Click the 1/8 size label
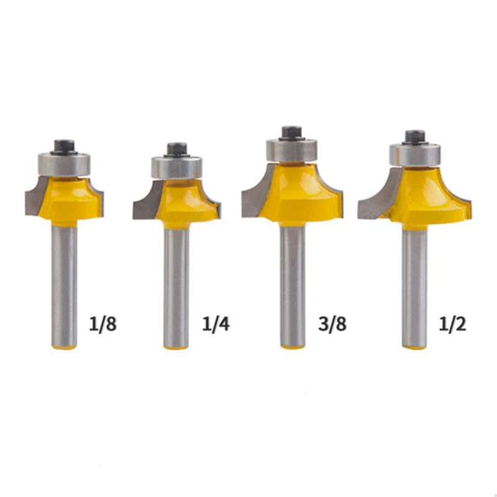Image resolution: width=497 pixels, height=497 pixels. (103, 324)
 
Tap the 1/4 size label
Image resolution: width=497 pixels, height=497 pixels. (216, 324)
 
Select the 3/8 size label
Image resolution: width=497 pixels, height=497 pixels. (332, 324)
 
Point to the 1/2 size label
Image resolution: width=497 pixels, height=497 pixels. (453, 324)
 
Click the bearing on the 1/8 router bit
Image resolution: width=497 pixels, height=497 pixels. (65, 165)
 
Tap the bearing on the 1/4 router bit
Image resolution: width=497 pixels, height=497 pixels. (176, 168)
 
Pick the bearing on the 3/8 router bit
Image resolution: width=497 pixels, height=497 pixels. (291, 150)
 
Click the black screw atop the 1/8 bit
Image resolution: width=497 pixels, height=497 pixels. (65, 147)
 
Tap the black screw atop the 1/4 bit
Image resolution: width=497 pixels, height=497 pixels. (176, 150)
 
